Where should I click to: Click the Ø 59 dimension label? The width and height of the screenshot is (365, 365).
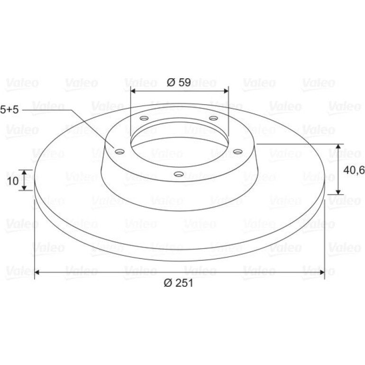pyautogui.click(x=179, y=82)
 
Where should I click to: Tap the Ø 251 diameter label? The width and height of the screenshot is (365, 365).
pyautogui.click(x=179, y=283)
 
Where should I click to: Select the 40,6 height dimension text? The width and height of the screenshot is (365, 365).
pyautogui.click(x=354, y=170)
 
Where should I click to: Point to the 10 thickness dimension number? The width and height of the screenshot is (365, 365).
pyautogui.click(x=13, y=181)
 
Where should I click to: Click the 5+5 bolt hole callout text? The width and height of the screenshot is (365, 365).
pyautogui.click(x=9, y=109)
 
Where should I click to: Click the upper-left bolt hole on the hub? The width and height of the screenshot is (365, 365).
pyautogui.click(x=144, y=118)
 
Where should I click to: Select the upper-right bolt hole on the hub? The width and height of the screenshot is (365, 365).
pyautogui.click(x=213, y=118)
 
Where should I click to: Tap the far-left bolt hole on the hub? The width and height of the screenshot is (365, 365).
pyautogui.click(x=119, y=152)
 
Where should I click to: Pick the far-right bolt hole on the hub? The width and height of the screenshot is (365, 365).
pyautogui.click(x=237, y=152)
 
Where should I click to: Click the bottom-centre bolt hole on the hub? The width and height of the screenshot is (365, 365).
pyautogui.click(x=179, y=174)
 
